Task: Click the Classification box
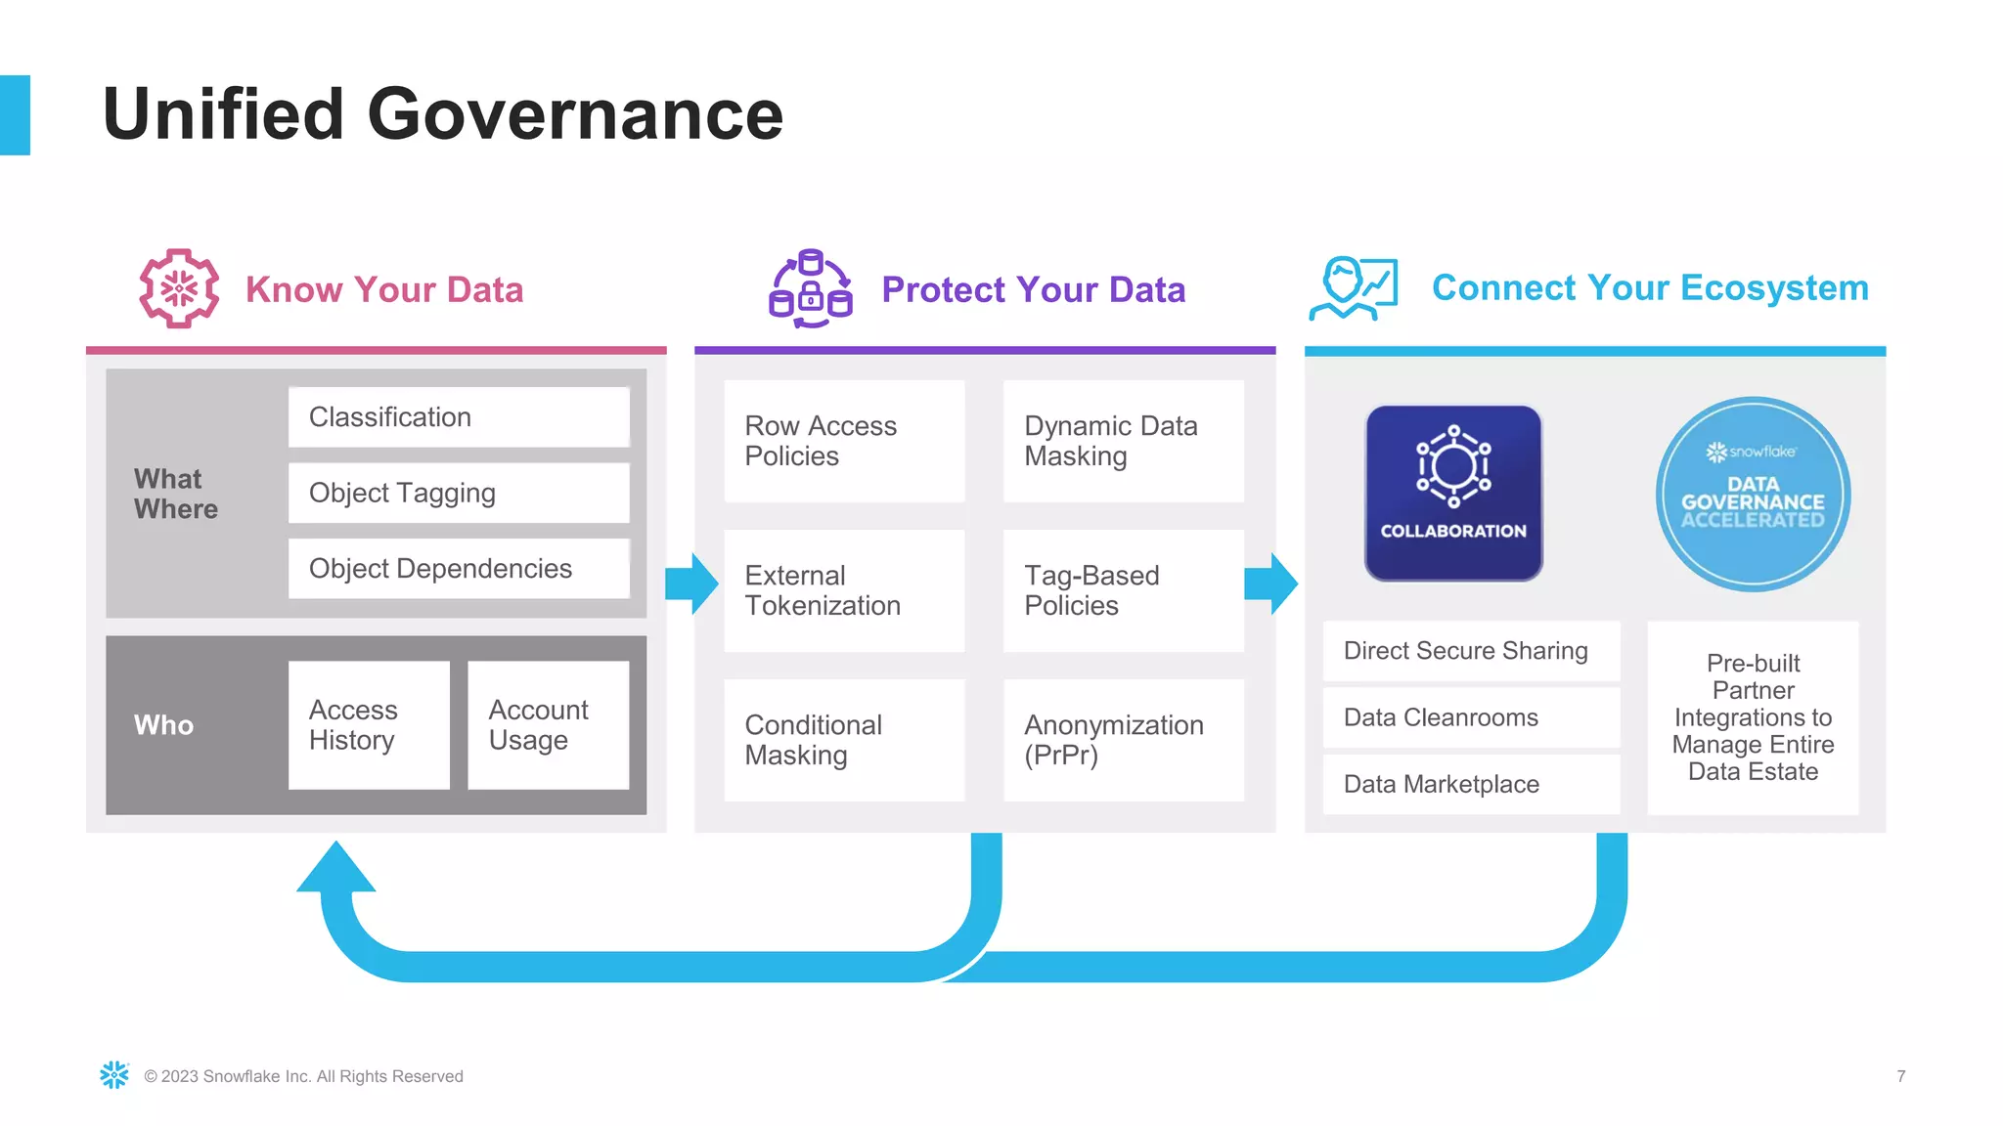coord(459,417)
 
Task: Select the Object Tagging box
coord(459,493)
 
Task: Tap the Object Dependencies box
coord(459,569)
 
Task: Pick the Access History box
coord(369,725)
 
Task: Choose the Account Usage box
coord(548,725)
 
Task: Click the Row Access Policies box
coord(844,441)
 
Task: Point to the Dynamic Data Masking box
coord(1123,441)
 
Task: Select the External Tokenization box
coord(844,590)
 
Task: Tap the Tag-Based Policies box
coord(1123,590)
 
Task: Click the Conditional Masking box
coord(844,740)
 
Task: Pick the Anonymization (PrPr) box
coord(1123,740)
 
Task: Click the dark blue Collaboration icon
coord(1453,494)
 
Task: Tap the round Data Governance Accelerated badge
coord(1753,494)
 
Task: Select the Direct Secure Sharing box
coord(1471,651)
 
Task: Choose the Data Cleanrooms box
coord(1471,717)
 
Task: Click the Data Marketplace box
coord(1471,784)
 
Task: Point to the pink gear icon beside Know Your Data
coord(179,288)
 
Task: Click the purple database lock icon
coord(810,289)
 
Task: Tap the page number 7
coord(1900,1076)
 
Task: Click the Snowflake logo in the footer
coord(114,1075)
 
